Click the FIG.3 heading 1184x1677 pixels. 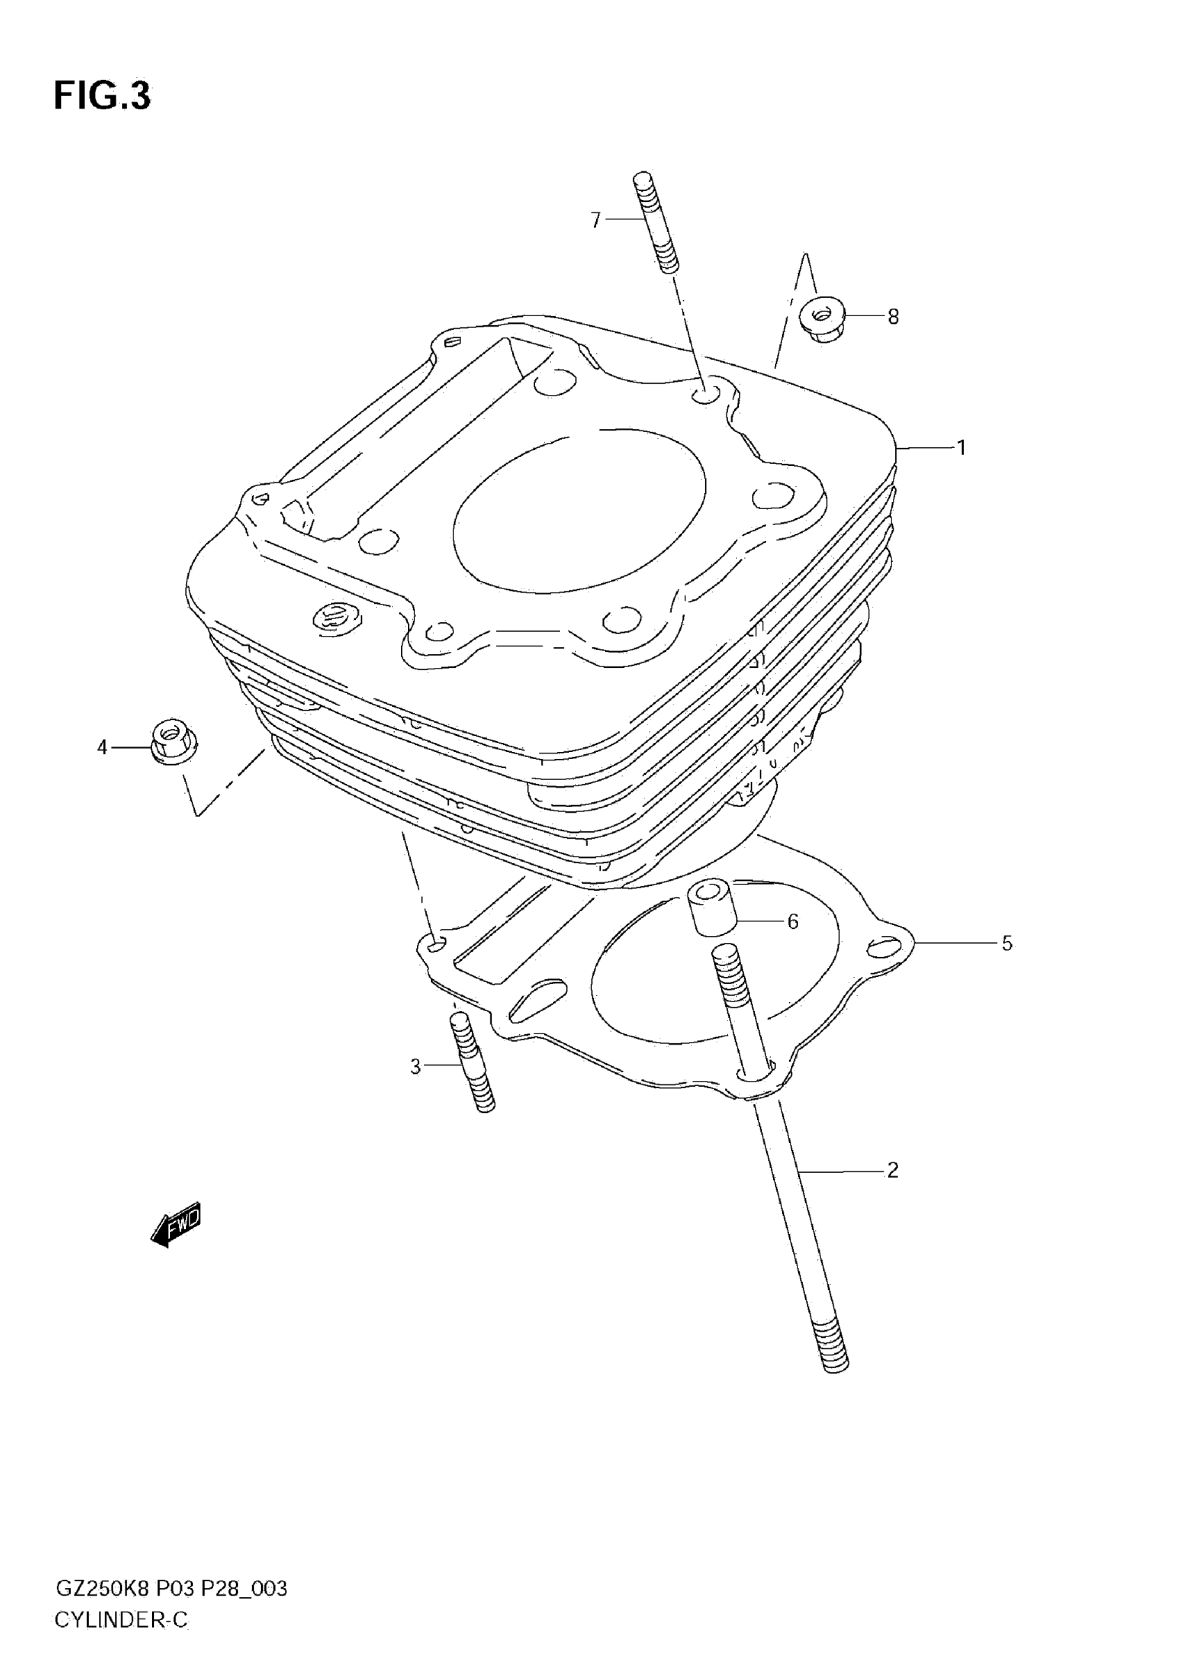coord(102,95)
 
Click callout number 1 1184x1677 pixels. coord(961,447)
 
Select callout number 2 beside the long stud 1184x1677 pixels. coord(892,1170)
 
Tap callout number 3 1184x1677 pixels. coord(415,1067)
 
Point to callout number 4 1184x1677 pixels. coord(102,747)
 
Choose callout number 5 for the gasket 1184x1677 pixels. coord(1006,943)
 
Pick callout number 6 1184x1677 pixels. coord(793,921)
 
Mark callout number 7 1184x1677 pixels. coord(596,219)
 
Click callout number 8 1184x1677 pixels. coord(893,316)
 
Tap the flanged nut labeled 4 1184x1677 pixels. coord(171,740)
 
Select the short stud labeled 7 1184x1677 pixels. coord(655,221)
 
